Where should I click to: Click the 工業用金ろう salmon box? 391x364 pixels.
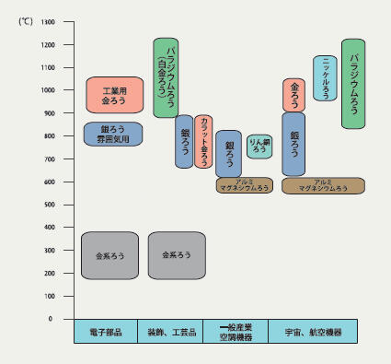113,95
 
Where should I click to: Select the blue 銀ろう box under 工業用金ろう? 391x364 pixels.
113,135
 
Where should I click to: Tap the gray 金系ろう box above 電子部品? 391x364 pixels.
109,254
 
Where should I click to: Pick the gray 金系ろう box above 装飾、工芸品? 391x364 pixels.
176,254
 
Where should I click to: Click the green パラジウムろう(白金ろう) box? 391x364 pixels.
165,77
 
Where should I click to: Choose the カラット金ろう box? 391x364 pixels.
203,142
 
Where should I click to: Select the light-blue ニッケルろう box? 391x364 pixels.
325,77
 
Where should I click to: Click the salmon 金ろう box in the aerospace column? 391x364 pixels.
294,95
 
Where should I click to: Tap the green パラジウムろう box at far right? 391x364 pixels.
354,83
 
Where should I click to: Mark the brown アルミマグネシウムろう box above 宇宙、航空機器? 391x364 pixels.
323,185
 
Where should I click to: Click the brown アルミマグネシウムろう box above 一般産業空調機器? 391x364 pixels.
245,185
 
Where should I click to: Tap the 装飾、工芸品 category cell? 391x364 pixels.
175,331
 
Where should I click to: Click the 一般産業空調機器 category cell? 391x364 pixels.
243,331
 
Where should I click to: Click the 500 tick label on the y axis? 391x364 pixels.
46,205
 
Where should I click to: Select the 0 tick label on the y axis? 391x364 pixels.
50,319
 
